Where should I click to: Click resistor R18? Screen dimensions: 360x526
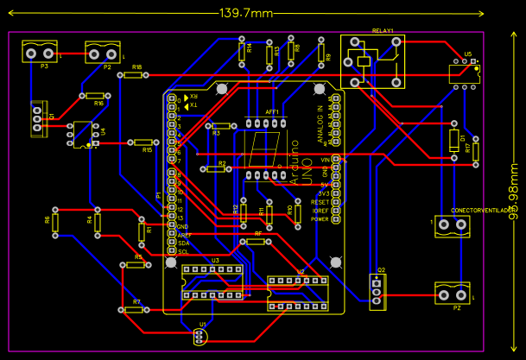pyautogui.click(x=132, y=75)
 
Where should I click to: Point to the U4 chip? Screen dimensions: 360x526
pyautogui.click(x=83, y=134)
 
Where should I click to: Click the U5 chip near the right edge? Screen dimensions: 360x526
pyautogui.click(x=465, y=74)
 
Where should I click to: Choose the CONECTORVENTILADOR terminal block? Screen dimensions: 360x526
pyautogui.click(x=451, y=225)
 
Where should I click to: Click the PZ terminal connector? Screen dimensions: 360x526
pyautogui.click(x=451, y=294)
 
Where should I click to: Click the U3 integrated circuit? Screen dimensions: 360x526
pyautogui.click(x=212, y=282)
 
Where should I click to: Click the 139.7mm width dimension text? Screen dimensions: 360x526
pyautogui.click(x=246, y=13)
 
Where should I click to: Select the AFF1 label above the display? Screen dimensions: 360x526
pyautogui.click(x=271, y=113)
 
